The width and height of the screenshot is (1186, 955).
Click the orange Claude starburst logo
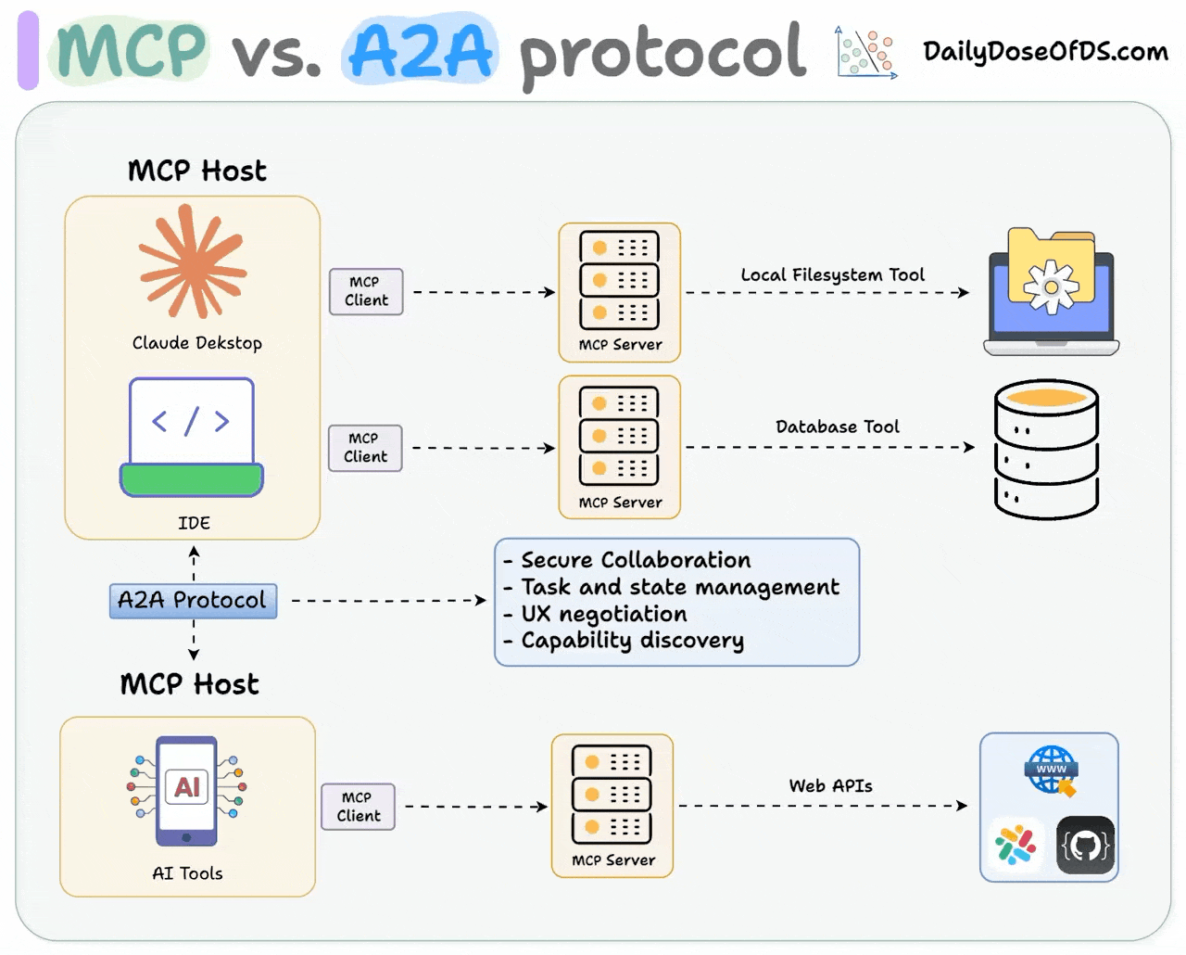pos(193,262)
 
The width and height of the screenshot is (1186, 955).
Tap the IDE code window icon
pos(192,436)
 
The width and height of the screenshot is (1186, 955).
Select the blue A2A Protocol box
pos(193,601)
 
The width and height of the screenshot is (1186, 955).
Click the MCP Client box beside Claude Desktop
pos(366,291)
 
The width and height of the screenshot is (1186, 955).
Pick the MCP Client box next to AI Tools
pos(359,807)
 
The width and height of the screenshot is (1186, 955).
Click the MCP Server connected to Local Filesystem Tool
pos(619,291)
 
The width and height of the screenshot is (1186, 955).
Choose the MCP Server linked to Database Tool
pos(619,447)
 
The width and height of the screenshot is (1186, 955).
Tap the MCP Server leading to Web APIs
pos(612,805)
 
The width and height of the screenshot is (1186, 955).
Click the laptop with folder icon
pos(1052,292)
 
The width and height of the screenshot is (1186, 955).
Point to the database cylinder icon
pos(1046,450)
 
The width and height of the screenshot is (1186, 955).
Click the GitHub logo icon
pos(1085,845)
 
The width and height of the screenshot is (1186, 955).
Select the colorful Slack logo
pos(1016,845)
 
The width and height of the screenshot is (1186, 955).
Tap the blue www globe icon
pos(1051,770)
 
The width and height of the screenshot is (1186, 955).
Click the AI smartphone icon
pos(187,790)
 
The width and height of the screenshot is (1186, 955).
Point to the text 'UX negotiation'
pos(604,614)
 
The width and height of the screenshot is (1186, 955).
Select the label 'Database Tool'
pos(837,427)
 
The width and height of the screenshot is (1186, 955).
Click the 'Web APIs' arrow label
pos(830,785)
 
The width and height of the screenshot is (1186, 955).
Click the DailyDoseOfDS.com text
pos(1045,51)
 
